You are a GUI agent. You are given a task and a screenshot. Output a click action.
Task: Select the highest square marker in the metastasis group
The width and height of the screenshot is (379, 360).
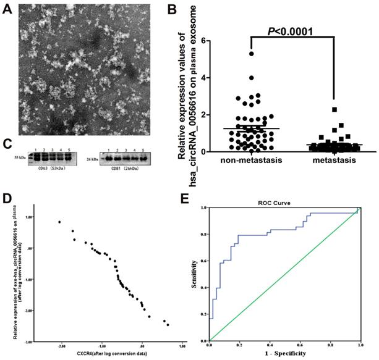pyautogui.click(x=334, y=109)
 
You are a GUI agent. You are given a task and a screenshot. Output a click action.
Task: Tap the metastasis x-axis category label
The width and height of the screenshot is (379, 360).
pyautogui.click(x=334, y=161)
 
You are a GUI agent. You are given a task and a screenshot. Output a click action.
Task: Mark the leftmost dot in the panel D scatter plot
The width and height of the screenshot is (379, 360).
pyautogui.click(x=59, y=222)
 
